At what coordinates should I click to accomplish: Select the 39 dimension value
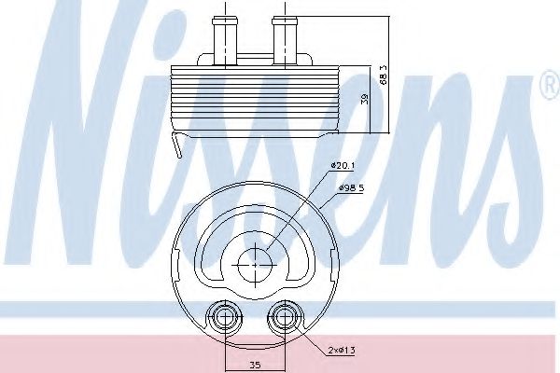365,101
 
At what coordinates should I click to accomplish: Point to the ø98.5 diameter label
348,189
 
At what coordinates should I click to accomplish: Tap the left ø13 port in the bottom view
223,320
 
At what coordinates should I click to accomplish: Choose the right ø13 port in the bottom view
281,320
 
